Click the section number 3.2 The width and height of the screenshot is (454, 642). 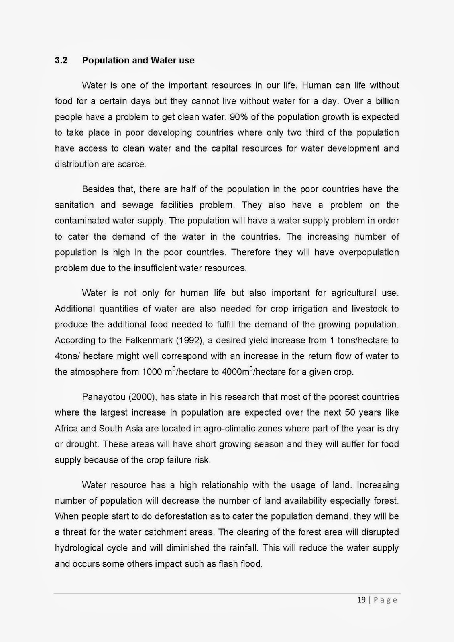click(x=61, y=61)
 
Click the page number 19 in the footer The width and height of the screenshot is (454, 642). click(x=361, y=600)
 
